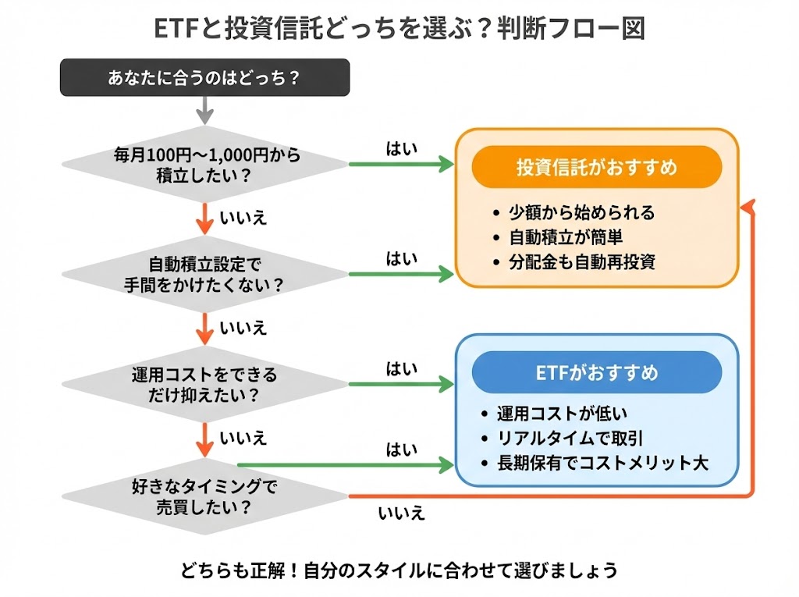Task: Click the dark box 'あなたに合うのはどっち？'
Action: (204, 78)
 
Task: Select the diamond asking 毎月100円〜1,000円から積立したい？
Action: (204, 165)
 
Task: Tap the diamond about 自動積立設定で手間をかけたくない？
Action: (204, 274)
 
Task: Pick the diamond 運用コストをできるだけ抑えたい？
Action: (204, 385)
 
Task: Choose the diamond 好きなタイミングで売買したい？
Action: (204, 496)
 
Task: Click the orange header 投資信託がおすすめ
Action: (597, 167)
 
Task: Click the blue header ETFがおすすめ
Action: (597, 372)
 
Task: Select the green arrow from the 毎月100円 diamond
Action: (401, 164)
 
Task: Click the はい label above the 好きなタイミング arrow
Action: (402, 450)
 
